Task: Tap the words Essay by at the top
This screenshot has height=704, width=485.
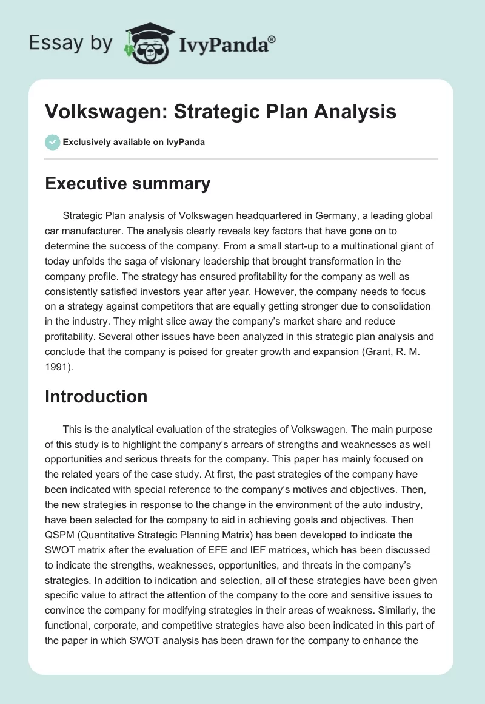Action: coord(70,42)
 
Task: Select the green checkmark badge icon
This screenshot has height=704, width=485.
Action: coord(52,142)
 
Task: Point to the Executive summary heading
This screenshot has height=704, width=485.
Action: coord(127,184)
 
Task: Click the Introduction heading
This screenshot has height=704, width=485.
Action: coord(96,396)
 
